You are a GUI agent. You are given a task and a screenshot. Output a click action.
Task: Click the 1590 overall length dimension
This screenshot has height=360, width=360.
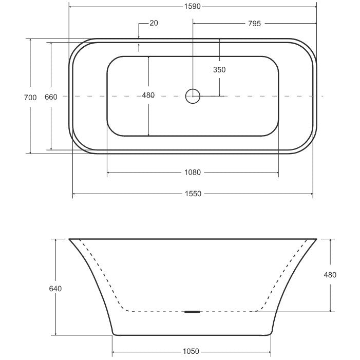click(x=193, y=7)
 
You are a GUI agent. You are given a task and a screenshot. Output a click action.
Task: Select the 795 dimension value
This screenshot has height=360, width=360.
click(x=254, y=24)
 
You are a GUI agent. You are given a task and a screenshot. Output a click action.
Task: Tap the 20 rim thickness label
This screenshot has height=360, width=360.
click(x=154, y=23)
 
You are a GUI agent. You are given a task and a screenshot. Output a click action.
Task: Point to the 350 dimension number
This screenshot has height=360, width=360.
click(x=219, y=69)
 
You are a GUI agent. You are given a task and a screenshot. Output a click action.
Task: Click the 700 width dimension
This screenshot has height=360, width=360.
click(x=30, y=98)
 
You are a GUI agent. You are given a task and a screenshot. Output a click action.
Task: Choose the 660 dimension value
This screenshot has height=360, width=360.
click(x=51, y=97)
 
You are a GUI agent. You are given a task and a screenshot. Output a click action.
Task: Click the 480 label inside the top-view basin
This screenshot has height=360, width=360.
click(x=148, y=95)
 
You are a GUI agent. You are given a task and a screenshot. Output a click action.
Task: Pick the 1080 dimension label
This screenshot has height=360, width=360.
click(x=193, y=172)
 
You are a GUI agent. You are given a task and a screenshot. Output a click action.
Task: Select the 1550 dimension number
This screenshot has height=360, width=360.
click(x=193, y=194)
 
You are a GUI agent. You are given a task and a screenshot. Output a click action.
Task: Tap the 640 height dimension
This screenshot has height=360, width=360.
click(x=55, y=289)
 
